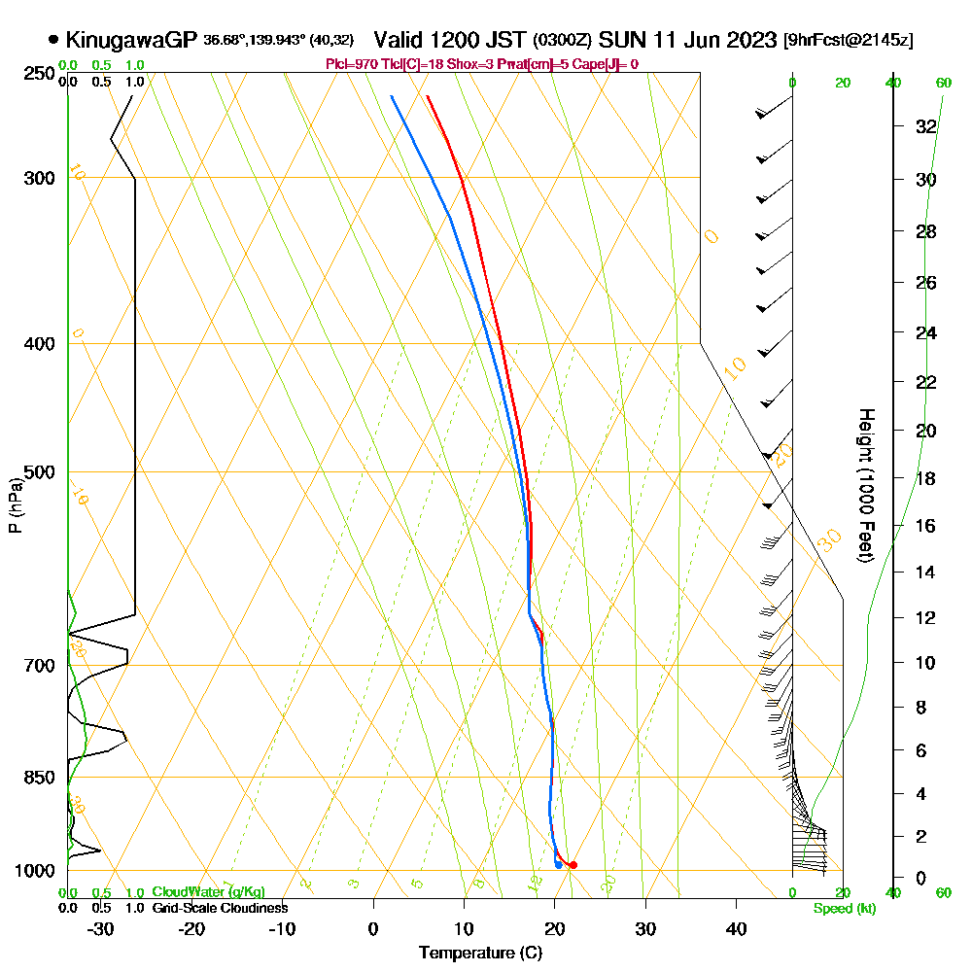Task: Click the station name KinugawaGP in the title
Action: pos(131,40)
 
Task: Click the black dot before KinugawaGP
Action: pos(52,40)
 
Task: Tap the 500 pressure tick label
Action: pos(37,472)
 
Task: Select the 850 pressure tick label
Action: pos(37,778)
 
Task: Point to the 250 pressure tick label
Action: pos(37,73)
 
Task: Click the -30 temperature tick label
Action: pos(101,928)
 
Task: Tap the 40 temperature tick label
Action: pos(736,928)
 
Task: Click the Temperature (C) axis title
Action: pos(480,954)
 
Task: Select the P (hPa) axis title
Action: pos(15,505)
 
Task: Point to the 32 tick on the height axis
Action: pos(926,126)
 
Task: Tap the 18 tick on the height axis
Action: pos(926,478)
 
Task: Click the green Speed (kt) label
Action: pos(844,908)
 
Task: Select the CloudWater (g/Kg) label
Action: pos(208,892)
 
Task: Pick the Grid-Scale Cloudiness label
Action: pos(220,908)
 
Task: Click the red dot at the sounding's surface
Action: pos(573,865)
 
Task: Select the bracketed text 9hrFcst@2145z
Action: pos(848,41)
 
